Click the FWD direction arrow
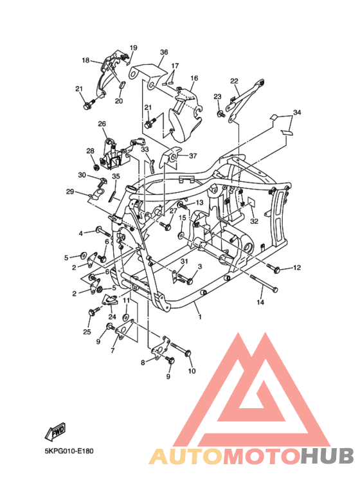tap(55, 432)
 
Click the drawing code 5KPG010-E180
tap(69, 451)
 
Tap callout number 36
tap(164, 52)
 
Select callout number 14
tap(260, 302)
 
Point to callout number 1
tap(200, 316)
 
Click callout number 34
tap(297, 113)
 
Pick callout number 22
tap(234, 81)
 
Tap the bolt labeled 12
tap(273, 268)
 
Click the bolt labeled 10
tap(181, 348)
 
